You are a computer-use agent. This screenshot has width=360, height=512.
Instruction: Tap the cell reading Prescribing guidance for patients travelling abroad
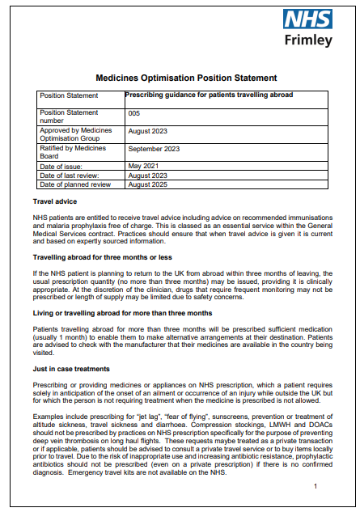(x=209, y=95)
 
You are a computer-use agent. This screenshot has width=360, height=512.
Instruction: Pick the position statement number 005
(x=134, y=114)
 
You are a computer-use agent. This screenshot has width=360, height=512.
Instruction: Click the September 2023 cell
(x=153, y=148)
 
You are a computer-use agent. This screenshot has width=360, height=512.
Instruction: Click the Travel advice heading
(x=55, y=201)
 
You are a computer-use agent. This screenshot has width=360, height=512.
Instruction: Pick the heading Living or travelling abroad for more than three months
(x=122, y=312)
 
